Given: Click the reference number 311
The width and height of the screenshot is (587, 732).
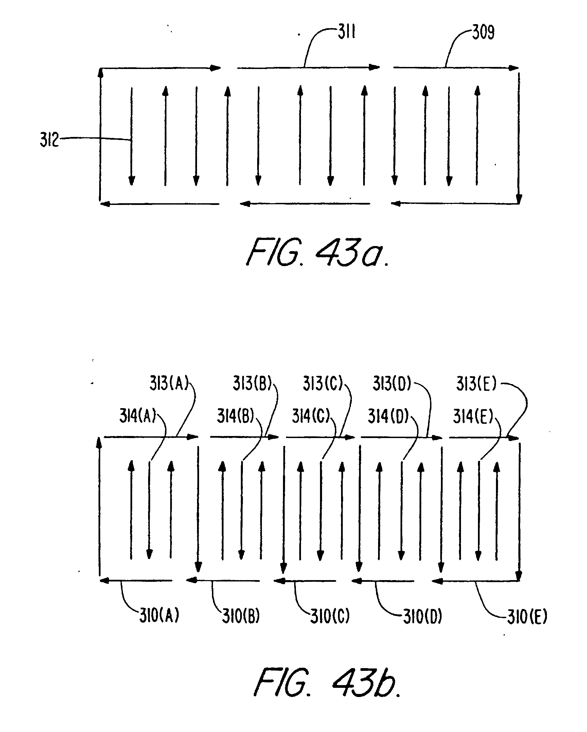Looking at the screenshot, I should pos(346,34).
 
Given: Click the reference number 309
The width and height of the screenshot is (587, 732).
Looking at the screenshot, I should pos(483,33).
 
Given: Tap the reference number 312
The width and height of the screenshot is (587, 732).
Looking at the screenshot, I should pos(49,140).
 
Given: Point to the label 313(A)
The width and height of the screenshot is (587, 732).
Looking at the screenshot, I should pos(169,384).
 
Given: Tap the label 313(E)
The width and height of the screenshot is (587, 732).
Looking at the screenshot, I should pos(476,384).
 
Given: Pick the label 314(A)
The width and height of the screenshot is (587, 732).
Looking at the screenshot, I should pos(138,416).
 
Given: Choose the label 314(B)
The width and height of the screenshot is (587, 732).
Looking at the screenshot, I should pos(235,416).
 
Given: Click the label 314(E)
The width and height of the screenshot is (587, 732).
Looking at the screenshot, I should pos(473,416).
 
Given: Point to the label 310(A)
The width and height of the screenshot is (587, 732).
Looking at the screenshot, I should pos(159,616).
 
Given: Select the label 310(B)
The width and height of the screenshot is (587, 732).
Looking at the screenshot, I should pos(241,616).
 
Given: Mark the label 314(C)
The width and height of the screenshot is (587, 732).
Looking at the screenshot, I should pos(311,416).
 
